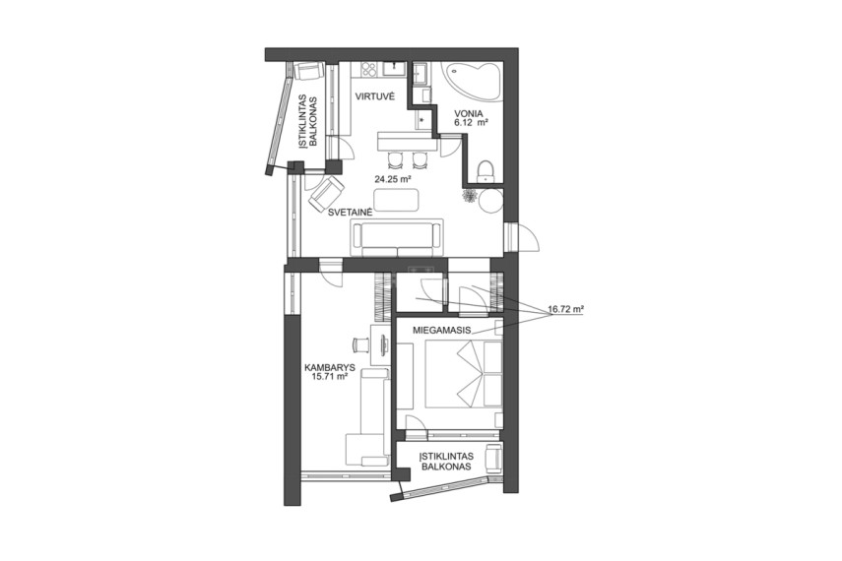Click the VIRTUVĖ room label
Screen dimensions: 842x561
click(375, 96)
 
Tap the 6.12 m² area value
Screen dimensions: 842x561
click(471, 123)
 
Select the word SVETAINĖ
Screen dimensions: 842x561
click(350, 212)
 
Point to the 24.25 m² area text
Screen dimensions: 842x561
click(393, 179)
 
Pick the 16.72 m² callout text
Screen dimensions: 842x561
click(565, 309)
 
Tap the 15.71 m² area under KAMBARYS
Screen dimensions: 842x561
click(329, 377)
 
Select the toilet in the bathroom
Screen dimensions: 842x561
click(486, 171)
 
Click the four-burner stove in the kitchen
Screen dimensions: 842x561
click(369, 69)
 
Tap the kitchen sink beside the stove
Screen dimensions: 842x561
click(397, 68)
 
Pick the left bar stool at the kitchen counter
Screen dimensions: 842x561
click(395, 158)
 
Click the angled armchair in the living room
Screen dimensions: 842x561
click(326, 194)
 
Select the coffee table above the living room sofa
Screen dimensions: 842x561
click(397, 200)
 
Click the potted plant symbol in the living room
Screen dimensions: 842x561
click(470, 196)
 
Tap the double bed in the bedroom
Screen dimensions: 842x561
click(464, 374)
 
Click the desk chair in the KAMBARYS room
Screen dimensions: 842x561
click(361, 344)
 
